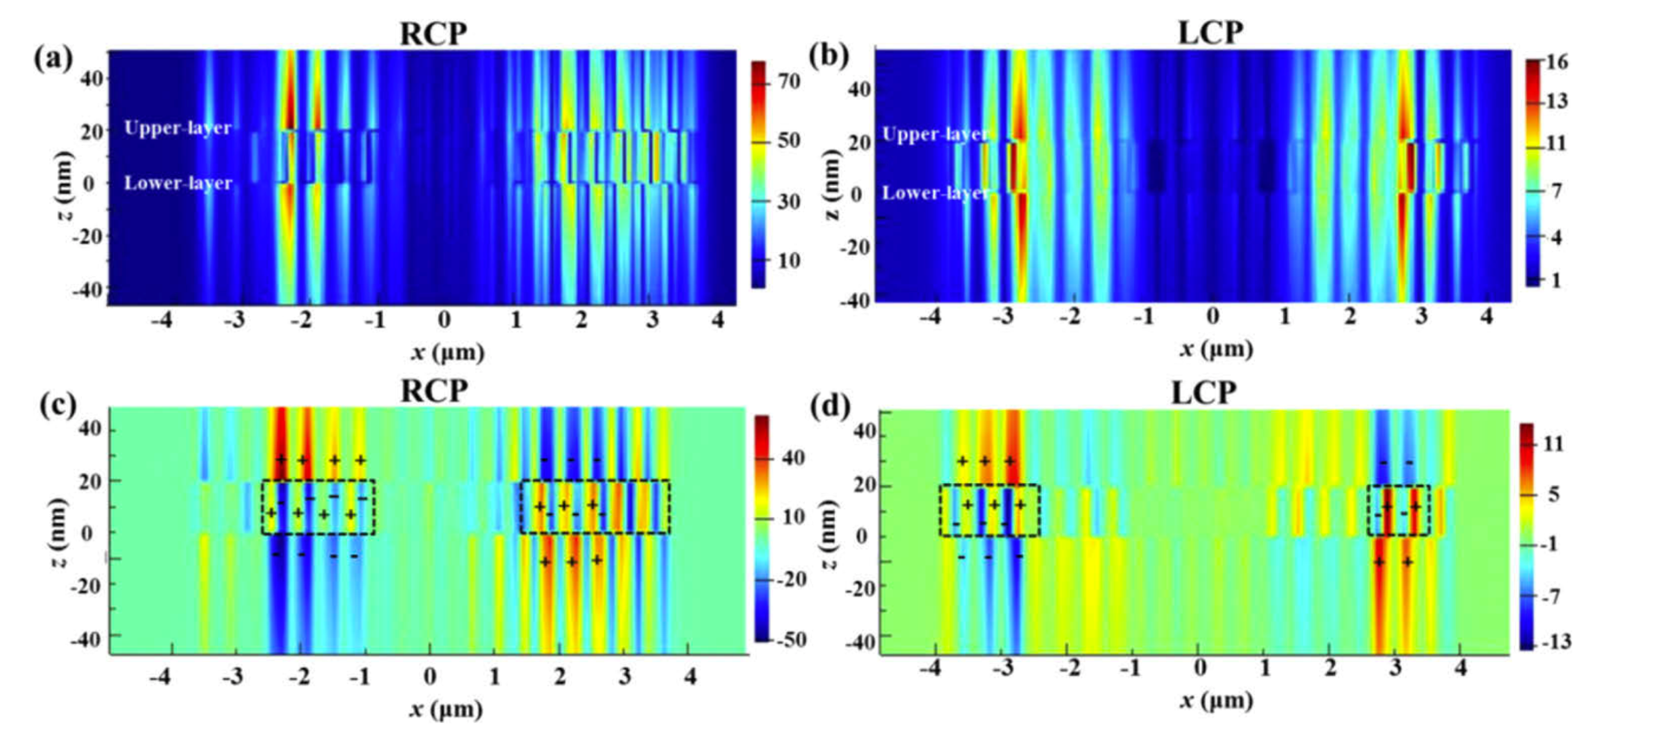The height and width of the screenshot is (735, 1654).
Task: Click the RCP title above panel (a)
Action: [x=433, y=33]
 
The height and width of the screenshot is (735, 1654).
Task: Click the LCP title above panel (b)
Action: [x=1210, y=33]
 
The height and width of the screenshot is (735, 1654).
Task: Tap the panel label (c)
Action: [x=57, y=404]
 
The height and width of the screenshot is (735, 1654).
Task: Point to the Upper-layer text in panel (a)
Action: [x=177, y=128]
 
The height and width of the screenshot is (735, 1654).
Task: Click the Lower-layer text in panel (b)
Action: [x=935, y=193]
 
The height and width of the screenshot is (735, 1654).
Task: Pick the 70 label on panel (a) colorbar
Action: [x=788, y=81]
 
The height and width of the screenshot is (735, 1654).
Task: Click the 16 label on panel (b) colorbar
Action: [x=1556, y=62]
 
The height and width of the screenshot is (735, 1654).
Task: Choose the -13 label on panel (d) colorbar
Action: [x=1554, y=642]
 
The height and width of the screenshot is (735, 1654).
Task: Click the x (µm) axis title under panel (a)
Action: [x=448, y=352]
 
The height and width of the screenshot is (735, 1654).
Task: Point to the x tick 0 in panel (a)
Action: [x=444, y=320]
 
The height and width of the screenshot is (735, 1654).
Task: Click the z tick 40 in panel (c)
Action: [x=90, y=428]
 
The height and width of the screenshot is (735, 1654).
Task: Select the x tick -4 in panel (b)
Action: [x=931, y=316]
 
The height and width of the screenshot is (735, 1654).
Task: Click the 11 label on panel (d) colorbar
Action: [x=1553, y=444]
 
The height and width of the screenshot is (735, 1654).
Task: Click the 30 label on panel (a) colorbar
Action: [x=788, y=201]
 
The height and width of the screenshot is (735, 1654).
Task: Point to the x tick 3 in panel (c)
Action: [x=624, y=676]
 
